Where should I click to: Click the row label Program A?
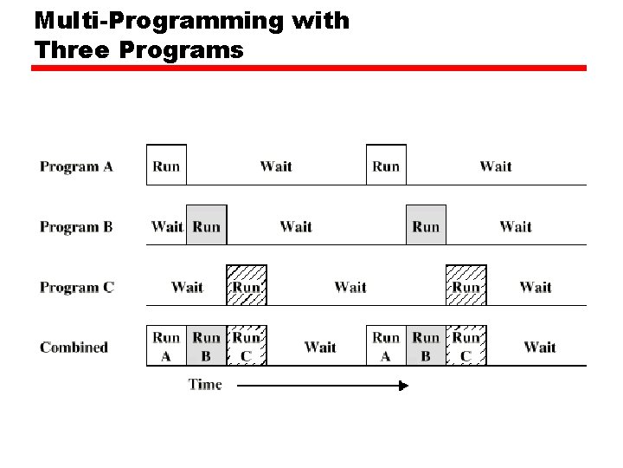(76, 166)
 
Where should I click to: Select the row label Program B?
(76, 227)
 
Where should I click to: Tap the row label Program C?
(76, 287)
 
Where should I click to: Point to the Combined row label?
(74, 348)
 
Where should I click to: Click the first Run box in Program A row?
(166, 166)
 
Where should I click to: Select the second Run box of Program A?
(386, 166)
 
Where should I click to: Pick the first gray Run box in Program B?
(206, 225)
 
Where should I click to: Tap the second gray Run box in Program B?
(426, 225)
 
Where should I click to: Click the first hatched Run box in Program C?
(247, 285)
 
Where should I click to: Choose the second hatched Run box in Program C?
(466, 285)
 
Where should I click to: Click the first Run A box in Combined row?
(166, 346)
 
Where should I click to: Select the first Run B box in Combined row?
(206, 346)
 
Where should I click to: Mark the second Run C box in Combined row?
(466, 346)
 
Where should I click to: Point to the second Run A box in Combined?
(386, 346)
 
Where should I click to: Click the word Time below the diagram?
(205, 385)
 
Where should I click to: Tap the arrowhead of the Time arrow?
(402, 386)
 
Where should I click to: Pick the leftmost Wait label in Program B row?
(167, 227)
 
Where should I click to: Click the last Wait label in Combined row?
(540, 348)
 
